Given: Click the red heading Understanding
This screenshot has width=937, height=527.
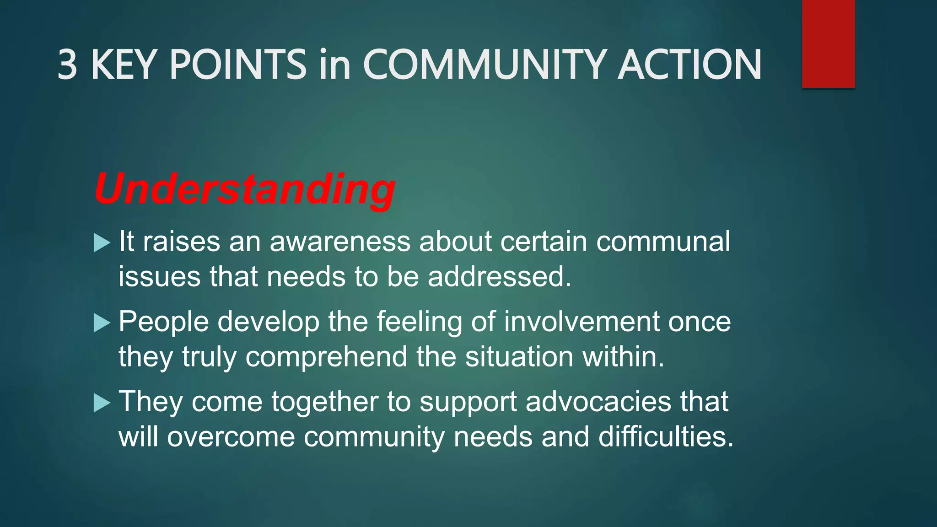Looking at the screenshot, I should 245,189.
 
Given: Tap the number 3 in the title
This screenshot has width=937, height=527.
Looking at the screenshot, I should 67,65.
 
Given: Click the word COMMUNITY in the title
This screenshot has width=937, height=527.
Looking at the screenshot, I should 485,65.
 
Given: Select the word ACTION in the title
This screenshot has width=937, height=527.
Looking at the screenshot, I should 689,65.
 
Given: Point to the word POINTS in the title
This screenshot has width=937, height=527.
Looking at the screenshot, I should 238,65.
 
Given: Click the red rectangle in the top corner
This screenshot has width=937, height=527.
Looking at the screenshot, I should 828,43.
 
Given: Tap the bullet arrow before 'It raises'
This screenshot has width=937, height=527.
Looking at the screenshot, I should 102,242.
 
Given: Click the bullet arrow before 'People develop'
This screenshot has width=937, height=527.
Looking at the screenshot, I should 102,323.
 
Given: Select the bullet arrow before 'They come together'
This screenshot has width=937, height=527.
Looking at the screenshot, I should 102,403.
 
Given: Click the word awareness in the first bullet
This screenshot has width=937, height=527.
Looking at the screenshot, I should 340,242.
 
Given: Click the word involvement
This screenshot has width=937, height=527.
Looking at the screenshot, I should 582,322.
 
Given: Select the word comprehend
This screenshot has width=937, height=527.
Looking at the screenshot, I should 326,357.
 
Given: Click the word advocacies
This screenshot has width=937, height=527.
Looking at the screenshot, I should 598,402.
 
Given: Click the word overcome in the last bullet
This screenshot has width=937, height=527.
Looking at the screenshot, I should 231,437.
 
